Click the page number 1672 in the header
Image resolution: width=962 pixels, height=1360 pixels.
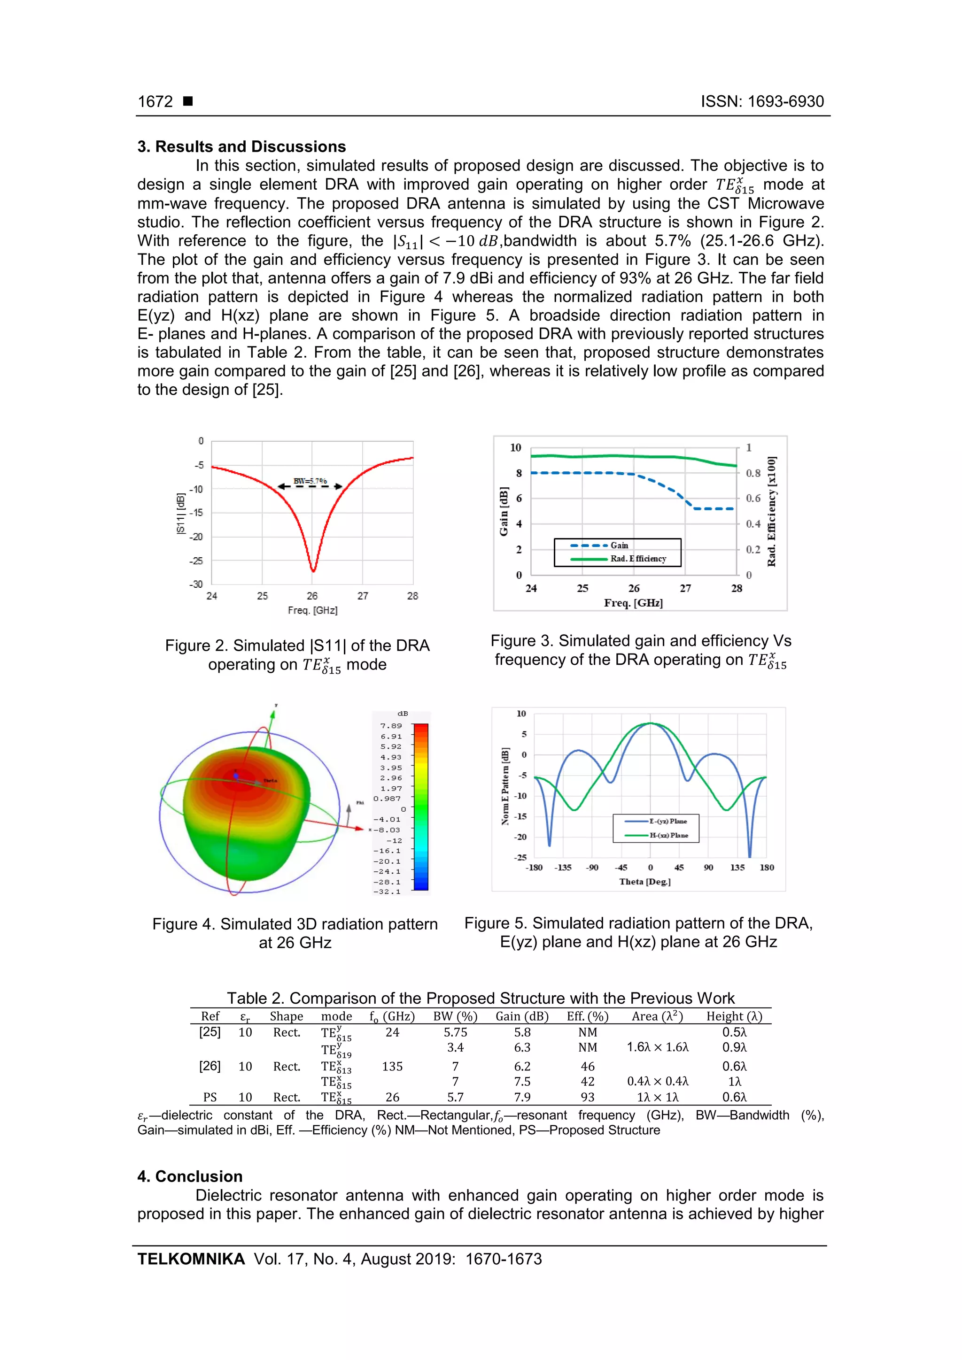coord(155,101)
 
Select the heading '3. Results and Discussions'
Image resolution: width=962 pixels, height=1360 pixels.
coord(241,146)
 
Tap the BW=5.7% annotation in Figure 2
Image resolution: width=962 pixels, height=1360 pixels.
coord(310,481)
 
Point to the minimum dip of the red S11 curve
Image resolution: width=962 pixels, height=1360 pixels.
coord(313,570)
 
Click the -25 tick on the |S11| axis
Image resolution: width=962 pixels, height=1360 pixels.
coord(196,561)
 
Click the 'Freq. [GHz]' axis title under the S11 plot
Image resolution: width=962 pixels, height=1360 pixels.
coord(312,610)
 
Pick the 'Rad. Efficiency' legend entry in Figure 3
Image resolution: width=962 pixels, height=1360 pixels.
coord(638,559)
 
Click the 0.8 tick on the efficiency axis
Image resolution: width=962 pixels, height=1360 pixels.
coord(753,473)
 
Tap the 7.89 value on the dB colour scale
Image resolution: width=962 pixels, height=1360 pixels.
coord(391,726)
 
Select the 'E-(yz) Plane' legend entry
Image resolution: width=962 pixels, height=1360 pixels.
coord(667,821)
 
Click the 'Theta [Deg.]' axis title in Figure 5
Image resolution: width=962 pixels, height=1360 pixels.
coord(645,881)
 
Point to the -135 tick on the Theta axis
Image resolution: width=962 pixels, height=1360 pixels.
coord(563,867)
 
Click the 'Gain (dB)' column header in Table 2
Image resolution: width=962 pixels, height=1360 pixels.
coord(521,1016)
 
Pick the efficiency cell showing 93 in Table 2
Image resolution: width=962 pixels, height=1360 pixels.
coord(588,1097)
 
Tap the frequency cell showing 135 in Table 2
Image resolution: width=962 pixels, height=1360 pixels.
coord(392,1066)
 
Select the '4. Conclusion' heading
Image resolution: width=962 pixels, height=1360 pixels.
coord(190,1176)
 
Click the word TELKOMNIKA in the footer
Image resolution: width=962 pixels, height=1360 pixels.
coord(191,1259)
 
